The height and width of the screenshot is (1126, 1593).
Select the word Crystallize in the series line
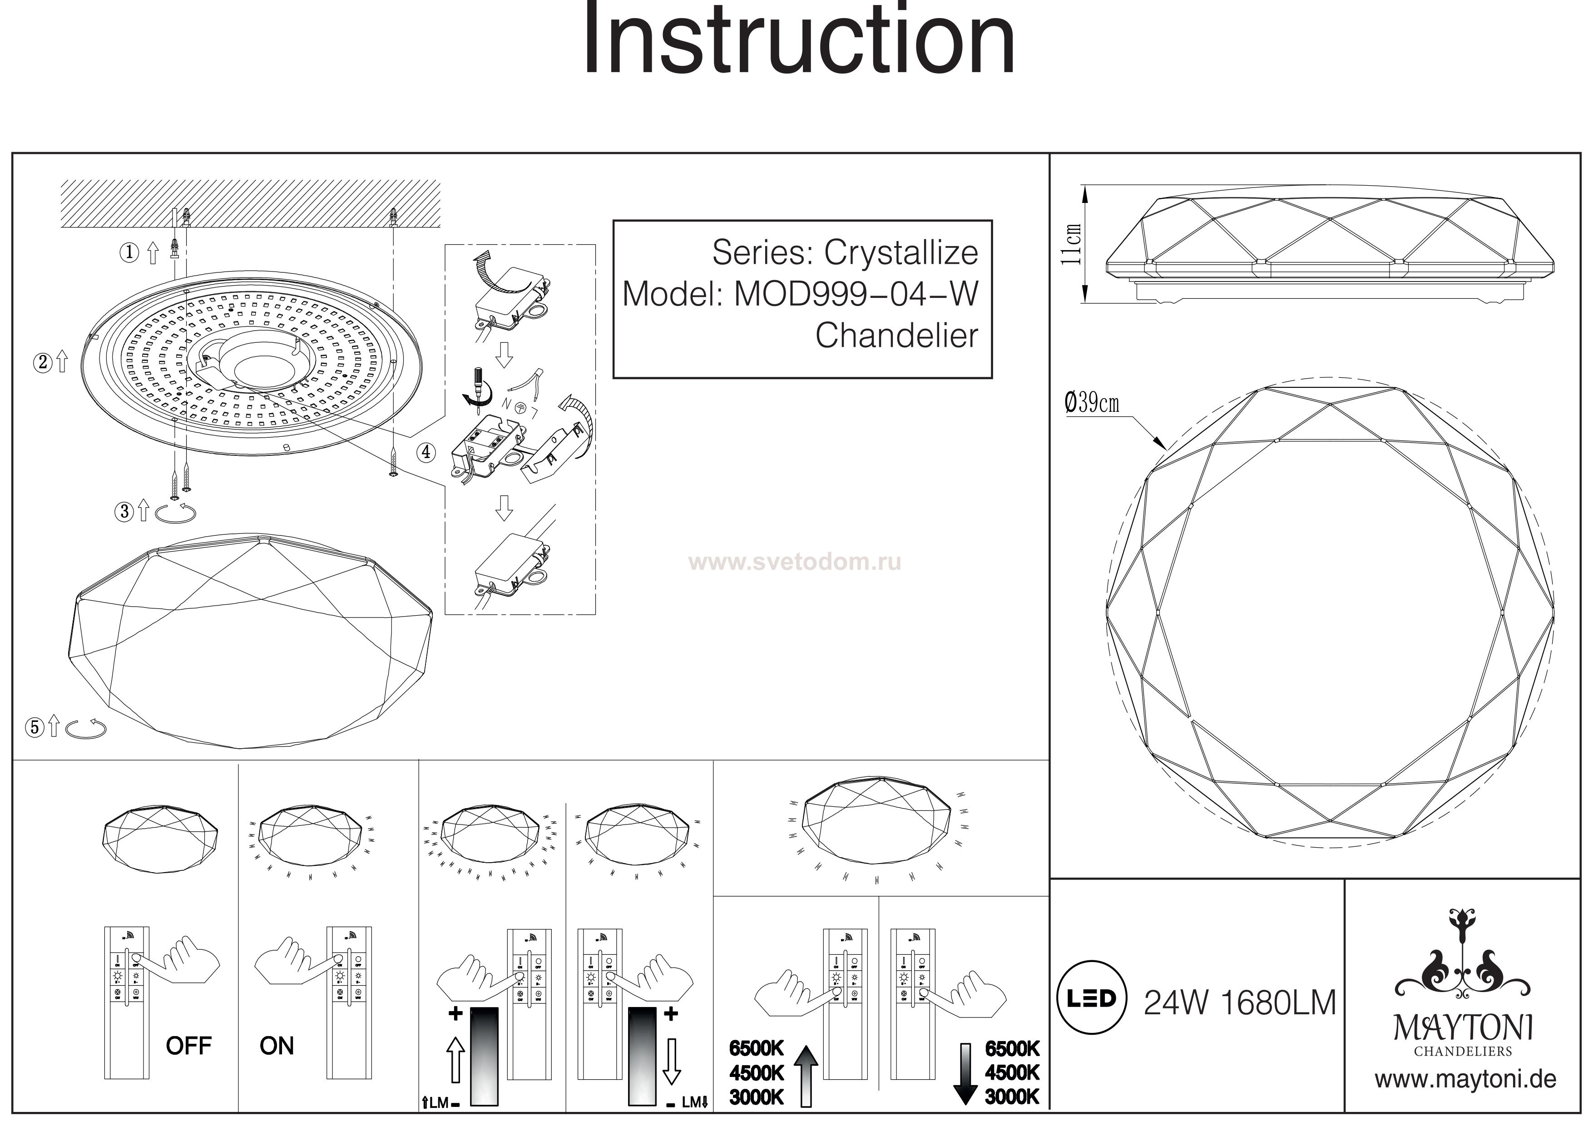(900, 253)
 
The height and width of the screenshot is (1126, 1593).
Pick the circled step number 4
(425, 452)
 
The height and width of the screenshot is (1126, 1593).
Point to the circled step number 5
(34, 727)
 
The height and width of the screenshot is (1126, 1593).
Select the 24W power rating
(1175, 1003)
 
